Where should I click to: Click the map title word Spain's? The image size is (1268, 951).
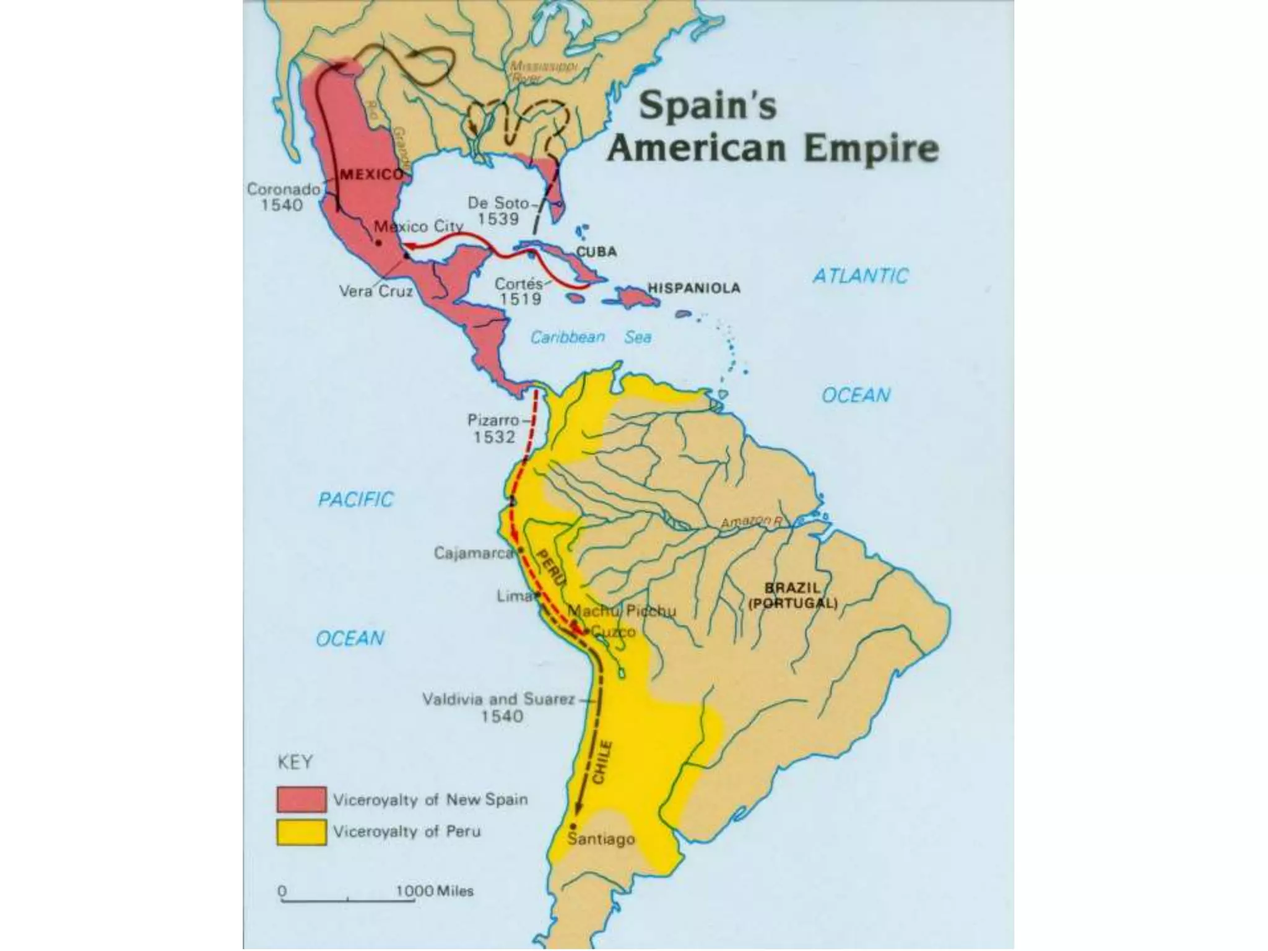click(x=707, y=105)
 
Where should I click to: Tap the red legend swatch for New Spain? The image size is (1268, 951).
click(x=301, y=799)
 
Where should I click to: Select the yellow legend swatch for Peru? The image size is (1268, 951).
click(x=301, y=832)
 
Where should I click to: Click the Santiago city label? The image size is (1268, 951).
click(x=601, y=840)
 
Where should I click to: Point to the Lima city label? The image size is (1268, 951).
click(x=514, y=596)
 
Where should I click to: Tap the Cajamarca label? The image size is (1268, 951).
click(x=473, y=553)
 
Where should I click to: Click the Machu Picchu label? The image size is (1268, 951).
click(x=622, y=611)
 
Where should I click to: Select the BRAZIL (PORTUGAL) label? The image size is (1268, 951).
click(x=792, y=596)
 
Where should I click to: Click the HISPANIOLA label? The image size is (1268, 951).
click(x=693, y=288)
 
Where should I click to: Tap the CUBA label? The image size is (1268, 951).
click(x=597, y=252)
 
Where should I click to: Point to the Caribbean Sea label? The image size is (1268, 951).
click(x=591, y=337)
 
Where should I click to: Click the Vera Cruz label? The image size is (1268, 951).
click(x=376, y=291)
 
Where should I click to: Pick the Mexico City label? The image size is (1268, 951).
click(x=419, y=227)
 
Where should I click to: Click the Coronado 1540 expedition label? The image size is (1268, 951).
click(x=282, y=197)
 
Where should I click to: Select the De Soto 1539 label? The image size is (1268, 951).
click(x=498, y=211)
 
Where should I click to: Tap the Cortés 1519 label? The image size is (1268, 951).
click(x=519, y=292)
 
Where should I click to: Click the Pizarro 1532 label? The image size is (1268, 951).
click(x=494, y=428)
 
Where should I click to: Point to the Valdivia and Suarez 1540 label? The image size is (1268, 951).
click(x=499, y=708)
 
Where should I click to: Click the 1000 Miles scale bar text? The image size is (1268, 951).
click(x=435, y=891)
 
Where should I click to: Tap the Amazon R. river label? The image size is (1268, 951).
click(x=751, y=523)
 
